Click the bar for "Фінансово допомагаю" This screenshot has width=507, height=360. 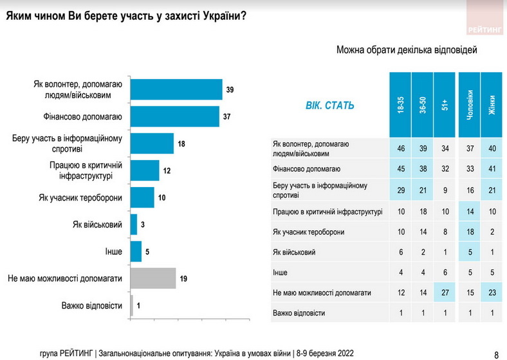point(175,116)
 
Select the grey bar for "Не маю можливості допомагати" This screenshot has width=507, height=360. point(153,278)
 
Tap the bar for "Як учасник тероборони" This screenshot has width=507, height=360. point(142,197)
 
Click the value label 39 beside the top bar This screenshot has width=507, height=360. point(230,89)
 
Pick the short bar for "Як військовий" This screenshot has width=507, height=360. point(134,224)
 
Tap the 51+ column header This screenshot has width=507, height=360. point(444,104)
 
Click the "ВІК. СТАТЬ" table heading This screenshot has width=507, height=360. point(329,105)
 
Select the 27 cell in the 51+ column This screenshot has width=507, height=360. point(444,292)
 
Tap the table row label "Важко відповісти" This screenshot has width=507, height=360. point(299,313)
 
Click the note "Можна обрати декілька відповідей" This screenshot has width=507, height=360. point(406,50)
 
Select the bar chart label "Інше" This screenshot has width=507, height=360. point(113,251)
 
